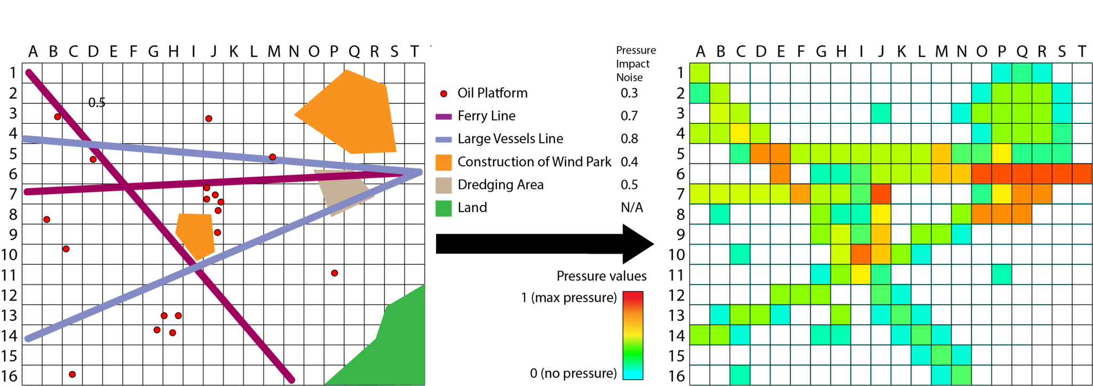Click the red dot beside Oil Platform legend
(443, 93)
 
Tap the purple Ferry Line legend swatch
(443, 116)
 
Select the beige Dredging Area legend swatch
(443, 185)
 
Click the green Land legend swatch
(443, 208)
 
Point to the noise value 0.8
(629, 139)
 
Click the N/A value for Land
(632, 208)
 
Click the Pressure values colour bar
(633, 335)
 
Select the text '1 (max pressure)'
(569, 297)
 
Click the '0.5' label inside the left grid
(97, 103)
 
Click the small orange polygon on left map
(195, 235)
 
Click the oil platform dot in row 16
(73, 374)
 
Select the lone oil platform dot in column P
(335, 273)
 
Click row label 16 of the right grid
(677, 376)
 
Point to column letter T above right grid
(1082, 52)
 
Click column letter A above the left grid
(33, 52)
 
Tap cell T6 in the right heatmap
(1082, 174)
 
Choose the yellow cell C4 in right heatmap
(740, 133)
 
